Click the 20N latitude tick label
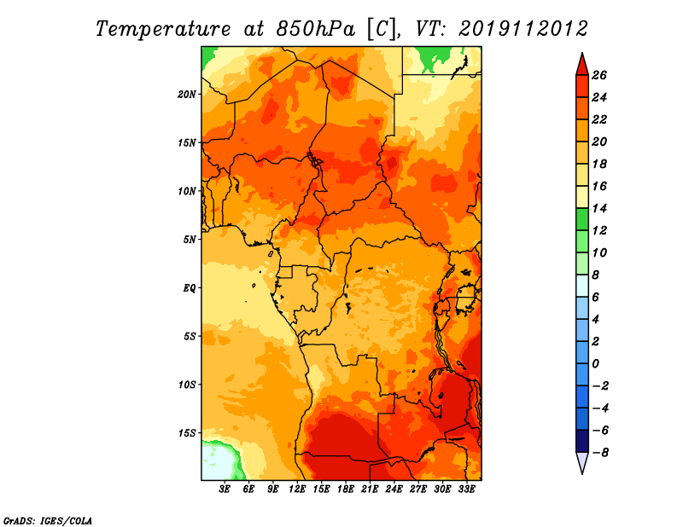click(187, 94)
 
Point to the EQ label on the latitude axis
click(190, 287)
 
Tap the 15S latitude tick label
click(187, 432)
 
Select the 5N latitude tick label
click(190, 240)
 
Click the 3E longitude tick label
click(225, 489)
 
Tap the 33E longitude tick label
click(467, 489)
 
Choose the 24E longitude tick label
click(394, 489)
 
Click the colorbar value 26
click(610, 75)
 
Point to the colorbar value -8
click(610, 452)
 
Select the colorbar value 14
click(610, 208)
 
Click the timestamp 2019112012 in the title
click(523, 28)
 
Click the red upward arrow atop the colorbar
click(581, 63)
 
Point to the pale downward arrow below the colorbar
click(581, 463)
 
